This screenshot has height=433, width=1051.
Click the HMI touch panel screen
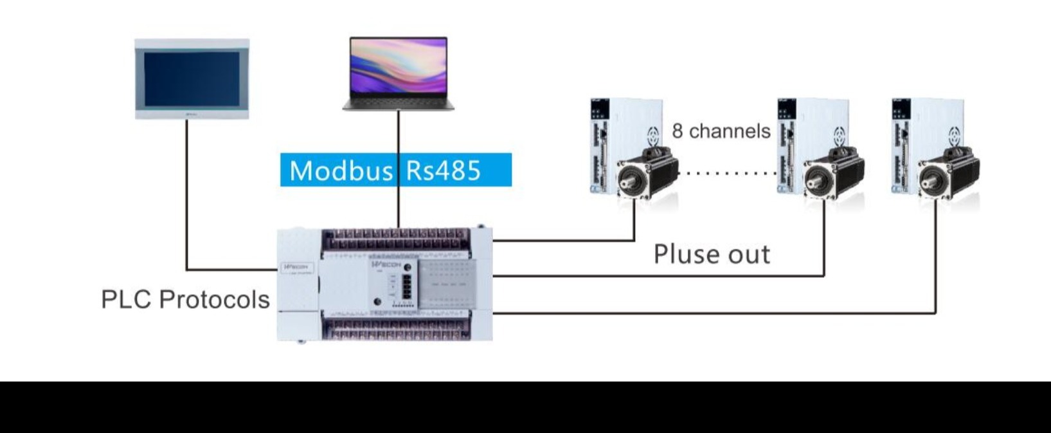(x=192, y=78)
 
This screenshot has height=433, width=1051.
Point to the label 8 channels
(x=721, y=131)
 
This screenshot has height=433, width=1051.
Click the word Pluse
(x=682, y=254)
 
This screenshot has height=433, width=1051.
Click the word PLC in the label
(x=126, y=300)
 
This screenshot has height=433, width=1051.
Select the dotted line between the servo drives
(x=726, y=173)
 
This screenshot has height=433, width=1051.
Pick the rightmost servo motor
(x=948, y=175)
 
